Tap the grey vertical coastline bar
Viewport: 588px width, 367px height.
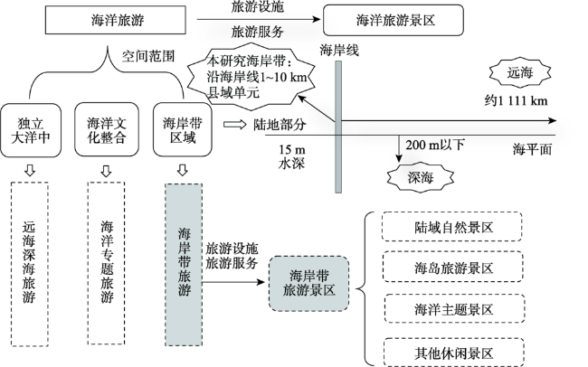[x=338, y=127]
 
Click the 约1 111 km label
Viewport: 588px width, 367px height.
[x=517, y=100]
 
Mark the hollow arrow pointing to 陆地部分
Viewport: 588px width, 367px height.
[x=234, y=125]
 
